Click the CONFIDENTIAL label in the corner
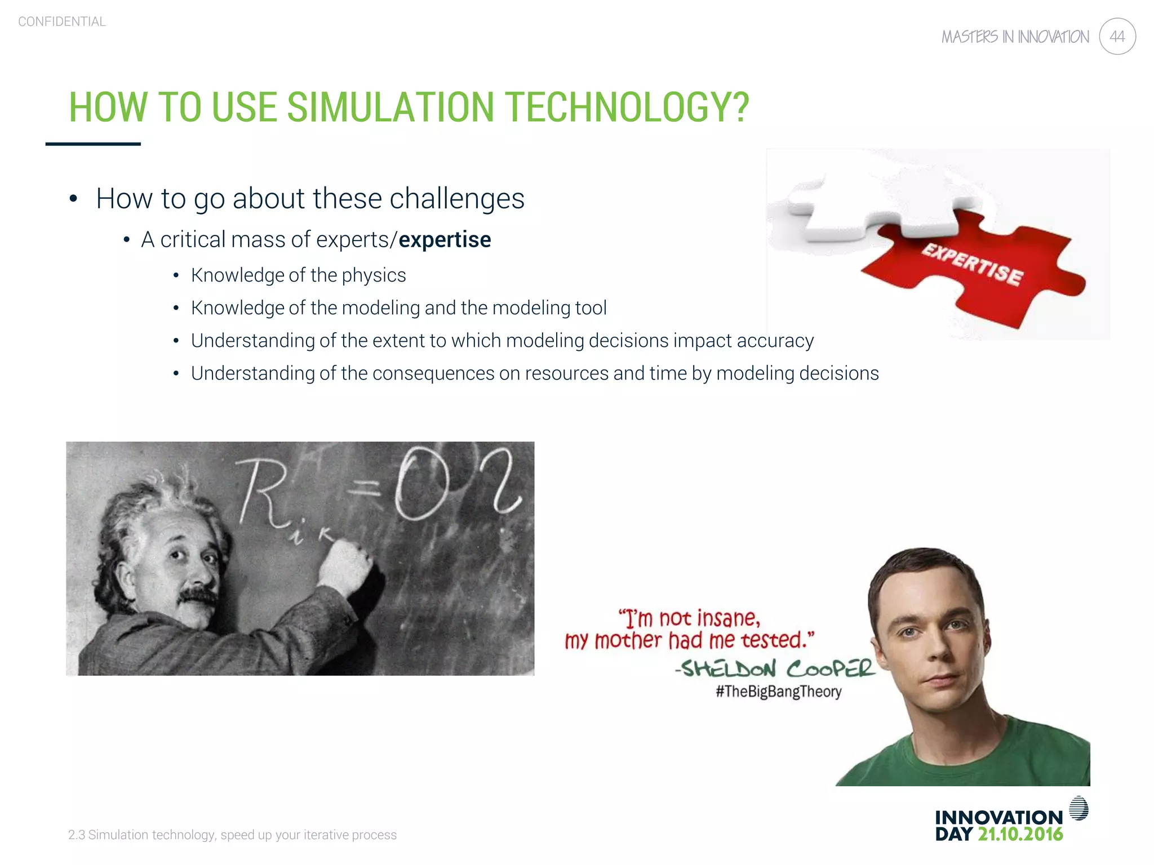click(x=62, y=21)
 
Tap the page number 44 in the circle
click(x=1117, y=37)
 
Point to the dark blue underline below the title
click(x=93, y=144)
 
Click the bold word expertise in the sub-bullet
click(x=445, y=240)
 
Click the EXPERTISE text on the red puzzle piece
click(x=973, y=265)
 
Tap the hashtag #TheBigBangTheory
click(x=778, y=692)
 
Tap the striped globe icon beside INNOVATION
click(x=1078, y=808)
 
